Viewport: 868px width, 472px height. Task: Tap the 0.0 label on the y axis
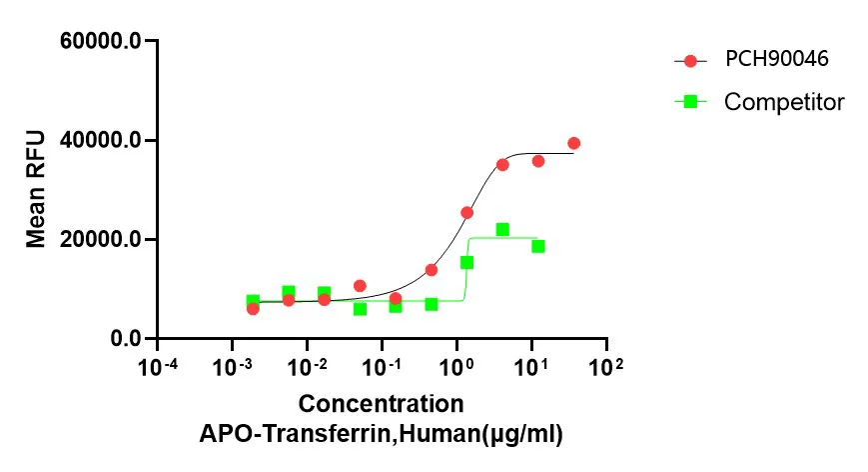127,339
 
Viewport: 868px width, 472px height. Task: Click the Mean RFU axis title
36,188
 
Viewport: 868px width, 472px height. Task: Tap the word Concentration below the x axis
381,404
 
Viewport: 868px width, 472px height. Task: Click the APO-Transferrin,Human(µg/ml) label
381,434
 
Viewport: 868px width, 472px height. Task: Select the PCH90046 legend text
776,60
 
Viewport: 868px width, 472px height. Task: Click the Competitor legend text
784,101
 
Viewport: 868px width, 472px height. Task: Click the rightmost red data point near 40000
573,144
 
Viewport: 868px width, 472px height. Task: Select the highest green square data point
502,230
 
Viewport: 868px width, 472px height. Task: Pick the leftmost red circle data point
253,308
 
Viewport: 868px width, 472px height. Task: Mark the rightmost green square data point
538,246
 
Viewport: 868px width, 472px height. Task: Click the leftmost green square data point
253,300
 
